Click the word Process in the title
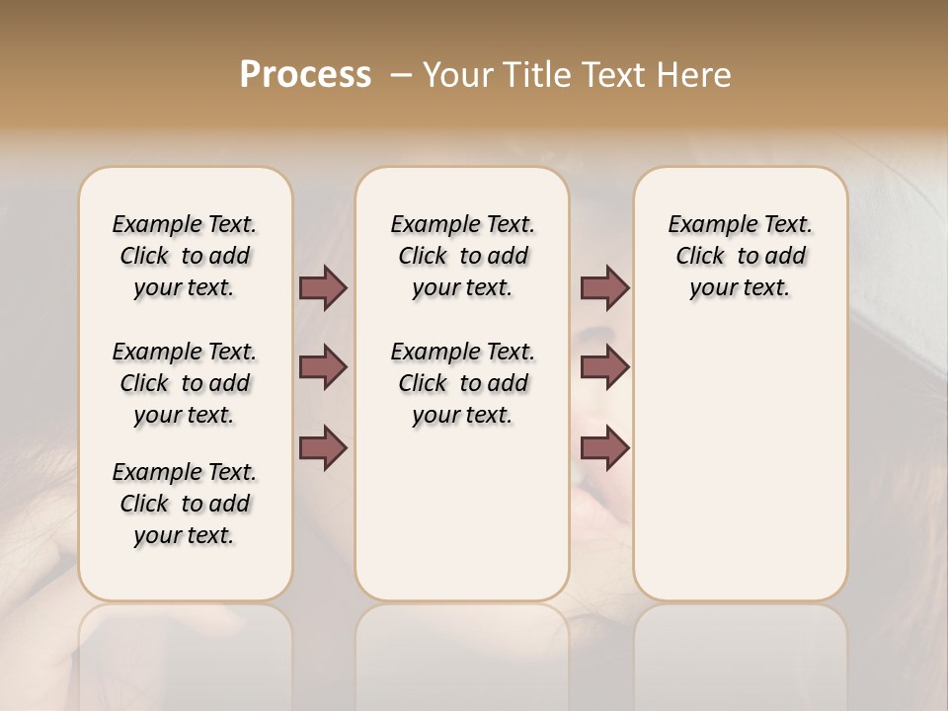(305, 75)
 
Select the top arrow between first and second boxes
(323, 288)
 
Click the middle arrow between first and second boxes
(323, 367)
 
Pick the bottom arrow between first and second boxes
(323, 447)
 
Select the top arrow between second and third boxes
(604, 288)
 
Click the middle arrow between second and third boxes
(604, 367)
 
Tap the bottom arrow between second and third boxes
(604, 447)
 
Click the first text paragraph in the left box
(185, 256)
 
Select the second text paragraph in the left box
(185, 383)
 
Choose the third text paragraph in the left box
(185, 504)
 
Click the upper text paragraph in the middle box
(462, 256)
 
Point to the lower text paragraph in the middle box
(462, 383)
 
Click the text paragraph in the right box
(740, 256)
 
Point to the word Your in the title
(457, 75)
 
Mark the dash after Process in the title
(400, 75)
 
